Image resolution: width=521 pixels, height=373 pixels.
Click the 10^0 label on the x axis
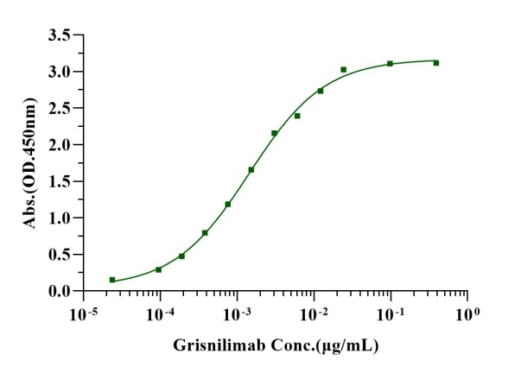click(467, 310)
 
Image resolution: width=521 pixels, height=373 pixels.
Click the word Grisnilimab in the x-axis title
click(214, 345)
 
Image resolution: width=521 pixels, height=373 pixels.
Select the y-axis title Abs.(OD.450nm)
click(32, 163)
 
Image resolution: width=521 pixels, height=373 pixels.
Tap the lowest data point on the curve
click(112, 280)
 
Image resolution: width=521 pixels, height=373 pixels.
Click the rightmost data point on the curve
click(436, 63)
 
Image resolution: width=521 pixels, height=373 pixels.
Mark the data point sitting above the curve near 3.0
click(344, 70)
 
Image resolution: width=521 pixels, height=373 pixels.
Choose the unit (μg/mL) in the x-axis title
click(346, 345)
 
